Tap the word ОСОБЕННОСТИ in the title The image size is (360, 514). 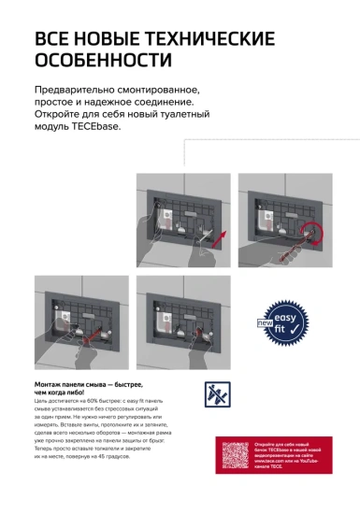[x=103, y=61]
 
